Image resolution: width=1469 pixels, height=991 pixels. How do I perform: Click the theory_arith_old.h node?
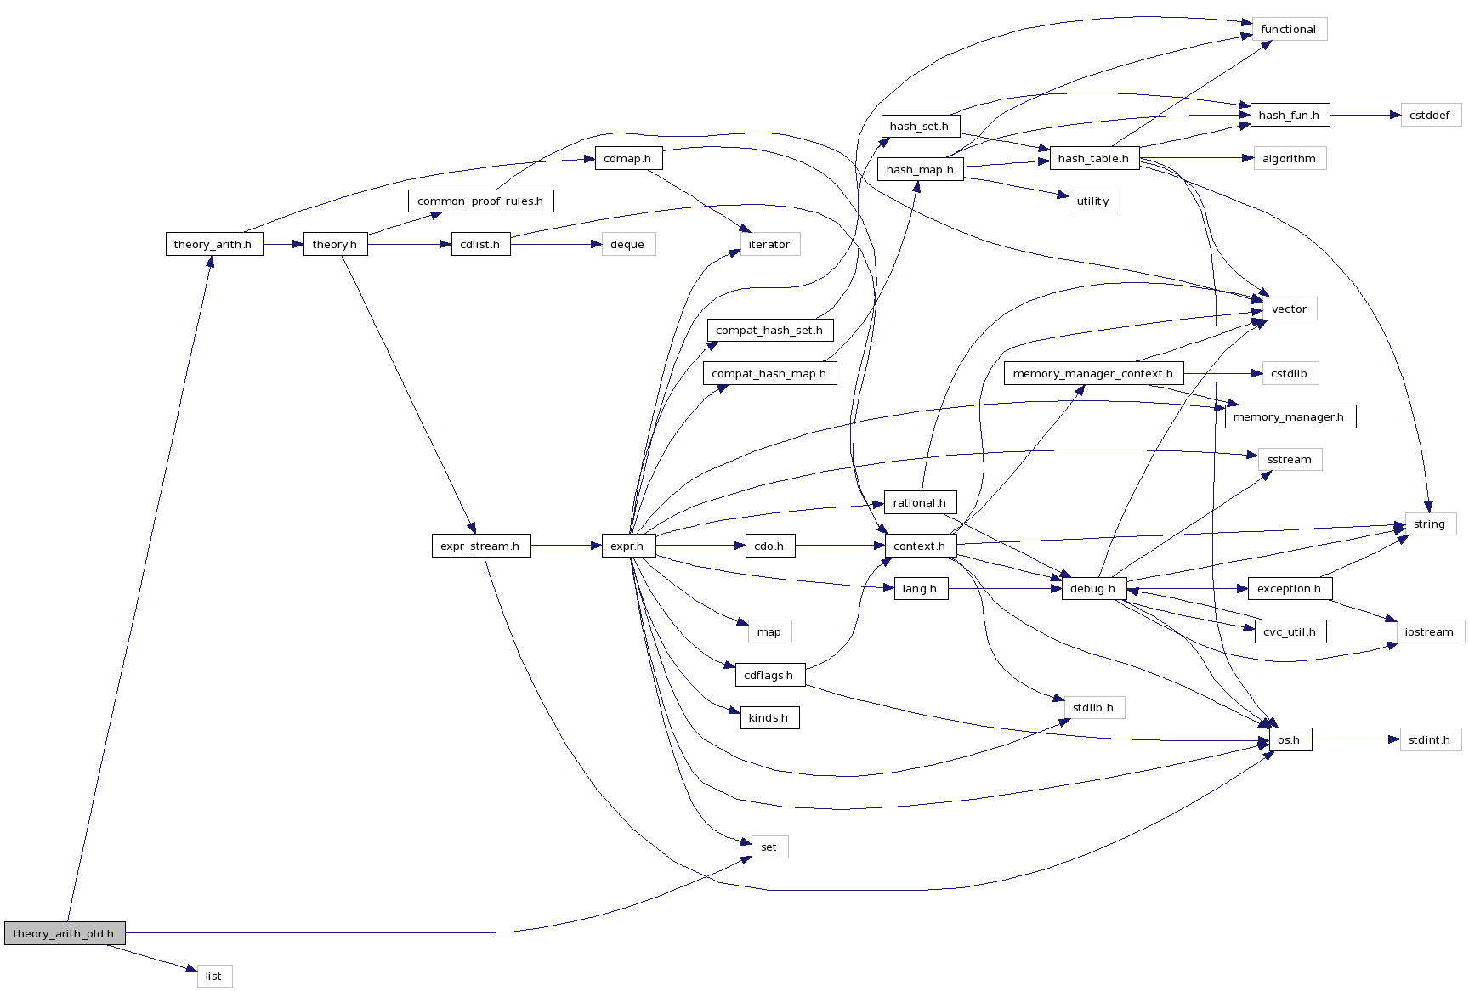[x=64, y=933]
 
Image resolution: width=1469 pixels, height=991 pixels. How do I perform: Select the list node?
[x=213, y=976]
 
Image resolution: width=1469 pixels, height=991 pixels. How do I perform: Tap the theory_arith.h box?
[x=213, y=244]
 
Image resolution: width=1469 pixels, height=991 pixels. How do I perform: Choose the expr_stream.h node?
[x=480, y=546]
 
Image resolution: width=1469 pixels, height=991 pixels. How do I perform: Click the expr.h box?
[x=627, y=546]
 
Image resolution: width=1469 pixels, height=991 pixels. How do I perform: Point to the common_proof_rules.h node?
[x=480, y=201]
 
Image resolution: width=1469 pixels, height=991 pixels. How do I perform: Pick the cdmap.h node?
[x=627, y=158]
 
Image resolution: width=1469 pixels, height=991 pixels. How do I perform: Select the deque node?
[x=627, y=244]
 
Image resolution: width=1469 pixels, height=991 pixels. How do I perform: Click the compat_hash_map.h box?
[x=769, y=373]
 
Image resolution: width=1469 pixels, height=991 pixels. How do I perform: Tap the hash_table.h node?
[x=1093, y=158]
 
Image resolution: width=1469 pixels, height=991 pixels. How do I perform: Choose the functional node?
[x=1288, y=29]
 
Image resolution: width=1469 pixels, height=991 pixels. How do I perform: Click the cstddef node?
[x=1430, y=115]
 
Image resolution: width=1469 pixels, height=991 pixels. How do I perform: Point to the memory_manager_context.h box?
[x=1092, y=373]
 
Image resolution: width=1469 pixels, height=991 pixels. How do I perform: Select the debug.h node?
[x=1092, y=588]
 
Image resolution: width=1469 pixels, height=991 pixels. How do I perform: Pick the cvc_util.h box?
[x=1289, y=631]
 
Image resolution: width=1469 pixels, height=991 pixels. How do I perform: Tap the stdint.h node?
[x=1429, y=739]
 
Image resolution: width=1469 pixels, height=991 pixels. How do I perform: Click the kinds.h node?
[x=769, y=717]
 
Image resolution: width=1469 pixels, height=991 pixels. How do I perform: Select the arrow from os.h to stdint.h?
[x=1355, y=739]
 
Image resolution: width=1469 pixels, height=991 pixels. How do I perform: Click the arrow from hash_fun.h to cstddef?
[x=1364, y=115]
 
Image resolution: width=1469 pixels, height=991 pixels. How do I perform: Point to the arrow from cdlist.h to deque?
[x=556, y=244]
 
